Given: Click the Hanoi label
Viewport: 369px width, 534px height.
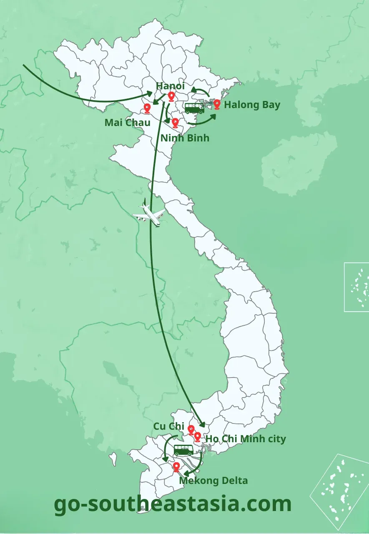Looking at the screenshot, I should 170,86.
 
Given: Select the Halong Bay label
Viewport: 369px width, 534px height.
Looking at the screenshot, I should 252,104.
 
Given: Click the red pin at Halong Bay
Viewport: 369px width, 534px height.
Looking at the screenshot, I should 217,104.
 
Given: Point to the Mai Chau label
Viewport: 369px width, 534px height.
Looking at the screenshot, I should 127,123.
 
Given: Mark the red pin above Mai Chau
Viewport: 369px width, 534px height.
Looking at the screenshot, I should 147,108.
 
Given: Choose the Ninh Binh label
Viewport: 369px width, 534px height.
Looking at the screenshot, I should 185,137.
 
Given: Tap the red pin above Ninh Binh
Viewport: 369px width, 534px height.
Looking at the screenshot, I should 175,123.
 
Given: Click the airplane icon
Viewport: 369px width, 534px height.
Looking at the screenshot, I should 149,214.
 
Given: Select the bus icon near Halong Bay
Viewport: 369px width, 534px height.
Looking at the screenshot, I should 195,108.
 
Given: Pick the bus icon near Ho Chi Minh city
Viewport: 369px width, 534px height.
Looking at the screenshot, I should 183,450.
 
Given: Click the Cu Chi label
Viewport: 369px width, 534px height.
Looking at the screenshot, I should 169,426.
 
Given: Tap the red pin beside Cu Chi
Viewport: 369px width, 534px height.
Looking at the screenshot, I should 191,430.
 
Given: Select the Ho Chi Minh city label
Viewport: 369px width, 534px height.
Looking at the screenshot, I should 246,439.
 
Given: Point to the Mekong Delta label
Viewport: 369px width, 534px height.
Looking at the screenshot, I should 213,481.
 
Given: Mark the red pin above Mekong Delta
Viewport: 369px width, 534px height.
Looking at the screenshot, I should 176,467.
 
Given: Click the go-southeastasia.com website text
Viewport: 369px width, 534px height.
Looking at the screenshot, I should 173,504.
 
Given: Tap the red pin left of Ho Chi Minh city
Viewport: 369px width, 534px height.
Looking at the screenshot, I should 198,437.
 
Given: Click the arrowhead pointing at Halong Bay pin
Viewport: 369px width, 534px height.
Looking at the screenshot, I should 213,114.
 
